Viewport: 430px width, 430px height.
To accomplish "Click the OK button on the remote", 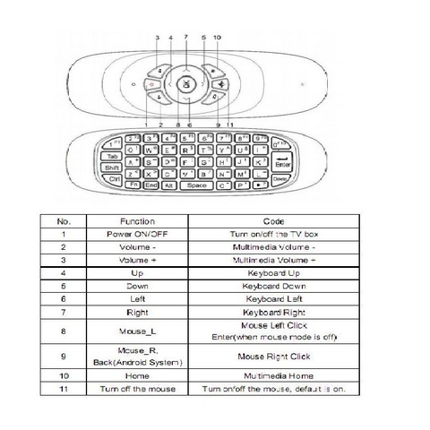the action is (185, 85).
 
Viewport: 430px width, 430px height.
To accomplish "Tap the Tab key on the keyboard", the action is (113, 154).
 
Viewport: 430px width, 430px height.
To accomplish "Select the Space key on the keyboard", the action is (196, 185).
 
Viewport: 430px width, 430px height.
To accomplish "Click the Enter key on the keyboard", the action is (281, 163).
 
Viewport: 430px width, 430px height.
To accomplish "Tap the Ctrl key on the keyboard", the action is (116, 178).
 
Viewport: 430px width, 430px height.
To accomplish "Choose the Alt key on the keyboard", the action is (166, 185).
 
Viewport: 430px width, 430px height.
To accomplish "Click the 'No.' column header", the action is (64, 220).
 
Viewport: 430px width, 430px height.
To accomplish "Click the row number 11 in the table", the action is (64, 390).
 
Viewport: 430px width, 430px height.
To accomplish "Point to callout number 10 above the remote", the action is (218, 37).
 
